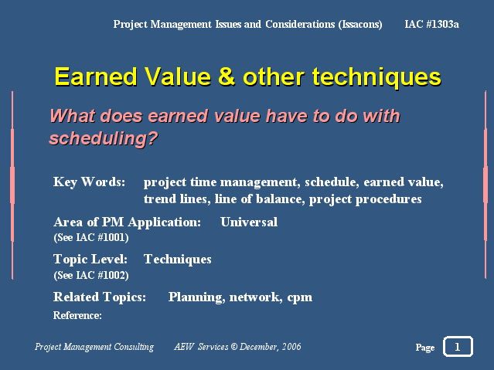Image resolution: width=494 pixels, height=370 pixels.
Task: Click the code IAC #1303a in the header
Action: pos(431,24)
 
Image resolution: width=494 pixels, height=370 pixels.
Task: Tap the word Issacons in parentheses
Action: pos(360,25)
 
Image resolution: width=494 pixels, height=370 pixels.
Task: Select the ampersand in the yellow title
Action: pos(227,76)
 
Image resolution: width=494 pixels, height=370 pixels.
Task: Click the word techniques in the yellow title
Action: pos(376,78)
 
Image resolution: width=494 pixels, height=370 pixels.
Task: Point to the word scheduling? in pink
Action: pos(104,138)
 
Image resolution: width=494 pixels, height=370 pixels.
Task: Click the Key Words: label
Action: pos(89,182)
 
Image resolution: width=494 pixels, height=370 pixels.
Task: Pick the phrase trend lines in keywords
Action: pos(177,199)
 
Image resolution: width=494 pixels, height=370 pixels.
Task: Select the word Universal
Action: pos(249,222)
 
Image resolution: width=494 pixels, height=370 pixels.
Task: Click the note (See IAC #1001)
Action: pos(91,237)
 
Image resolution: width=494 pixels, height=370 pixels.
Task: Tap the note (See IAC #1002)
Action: pos(91,275)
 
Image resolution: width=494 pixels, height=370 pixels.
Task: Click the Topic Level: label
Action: pos(90,260)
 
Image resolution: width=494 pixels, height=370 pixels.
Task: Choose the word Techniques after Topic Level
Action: pos(178,260)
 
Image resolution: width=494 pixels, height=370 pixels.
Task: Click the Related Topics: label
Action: pos(100,297)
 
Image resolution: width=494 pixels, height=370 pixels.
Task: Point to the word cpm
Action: pos(300,298)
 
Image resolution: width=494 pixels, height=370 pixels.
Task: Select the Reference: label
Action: pos(77,315)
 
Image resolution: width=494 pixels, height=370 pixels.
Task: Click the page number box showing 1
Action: pos(458,347)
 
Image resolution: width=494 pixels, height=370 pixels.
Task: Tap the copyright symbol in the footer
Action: pos(233,347)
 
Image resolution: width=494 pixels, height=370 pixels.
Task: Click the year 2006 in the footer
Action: pos(291,347)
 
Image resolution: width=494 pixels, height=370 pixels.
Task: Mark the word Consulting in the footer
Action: pos(134,347)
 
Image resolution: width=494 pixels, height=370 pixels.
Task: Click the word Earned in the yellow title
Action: pos(96,76)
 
